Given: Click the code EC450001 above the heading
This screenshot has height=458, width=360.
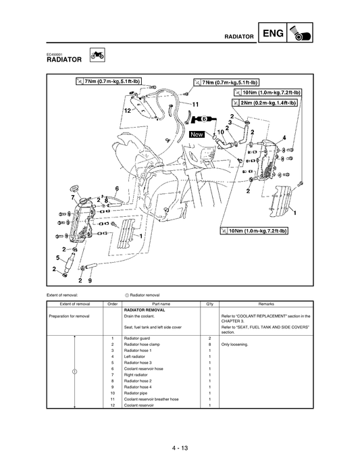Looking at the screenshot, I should tap(56, 53).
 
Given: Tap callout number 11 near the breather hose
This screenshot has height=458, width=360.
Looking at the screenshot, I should tap(195, 104).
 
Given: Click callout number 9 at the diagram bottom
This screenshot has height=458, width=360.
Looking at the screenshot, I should tap(90, 280).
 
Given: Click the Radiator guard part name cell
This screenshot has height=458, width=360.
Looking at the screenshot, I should tap(139, 337).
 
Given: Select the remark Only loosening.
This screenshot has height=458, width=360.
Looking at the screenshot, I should tap(235, 344).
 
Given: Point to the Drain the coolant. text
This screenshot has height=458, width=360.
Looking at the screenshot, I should tap(140, 315).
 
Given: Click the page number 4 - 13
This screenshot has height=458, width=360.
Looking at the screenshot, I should tap(180, 428).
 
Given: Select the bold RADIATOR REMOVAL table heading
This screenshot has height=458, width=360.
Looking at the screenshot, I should tap(145, 310).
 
